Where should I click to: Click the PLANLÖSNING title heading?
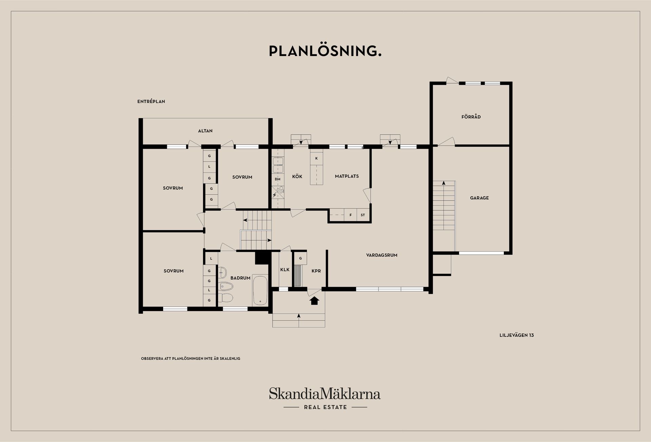pyautogui.click(x=325, y=51)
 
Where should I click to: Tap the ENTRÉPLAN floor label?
pyautogui.click(x=151, y=102)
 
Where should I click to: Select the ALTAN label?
pyautogui.click(x=205, y=131)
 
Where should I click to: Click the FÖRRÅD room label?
pyautogui.click(x=471, y=117)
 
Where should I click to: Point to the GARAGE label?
pyautogui.click(x=479, y=198)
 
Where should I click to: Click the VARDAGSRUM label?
pyautogui.click(x=382, y=255)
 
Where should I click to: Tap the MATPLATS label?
pyautogui.click(x=347, y=176)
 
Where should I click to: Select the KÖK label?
pyautogui.click(x=297, y=177)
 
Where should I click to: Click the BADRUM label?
pyautogui.click(x=240, y=278)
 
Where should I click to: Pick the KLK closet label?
pyautogui.click(x=285, y=270)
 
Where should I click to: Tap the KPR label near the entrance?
pyautogui.click(x=316, y=271)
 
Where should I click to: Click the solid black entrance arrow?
pyautogui.click(x=315, y=301)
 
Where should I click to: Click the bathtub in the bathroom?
pyautogui.click(x=260, y=290)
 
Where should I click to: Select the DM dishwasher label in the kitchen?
pyautogui.click(x=278, y=179)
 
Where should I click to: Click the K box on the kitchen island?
pyautogui.click(x=316, y=158)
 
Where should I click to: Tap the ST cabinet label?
pyautogui.click(x=363, y=215)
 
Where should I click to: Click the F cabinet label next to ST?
pyautogui.click(x=351, y=215)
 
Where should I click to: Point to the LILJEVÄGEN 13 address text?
pyautogui.click(x=517, y=335)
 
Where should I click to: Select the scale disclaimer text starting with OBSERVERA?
pyautogui.click(x=191, y=358)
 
